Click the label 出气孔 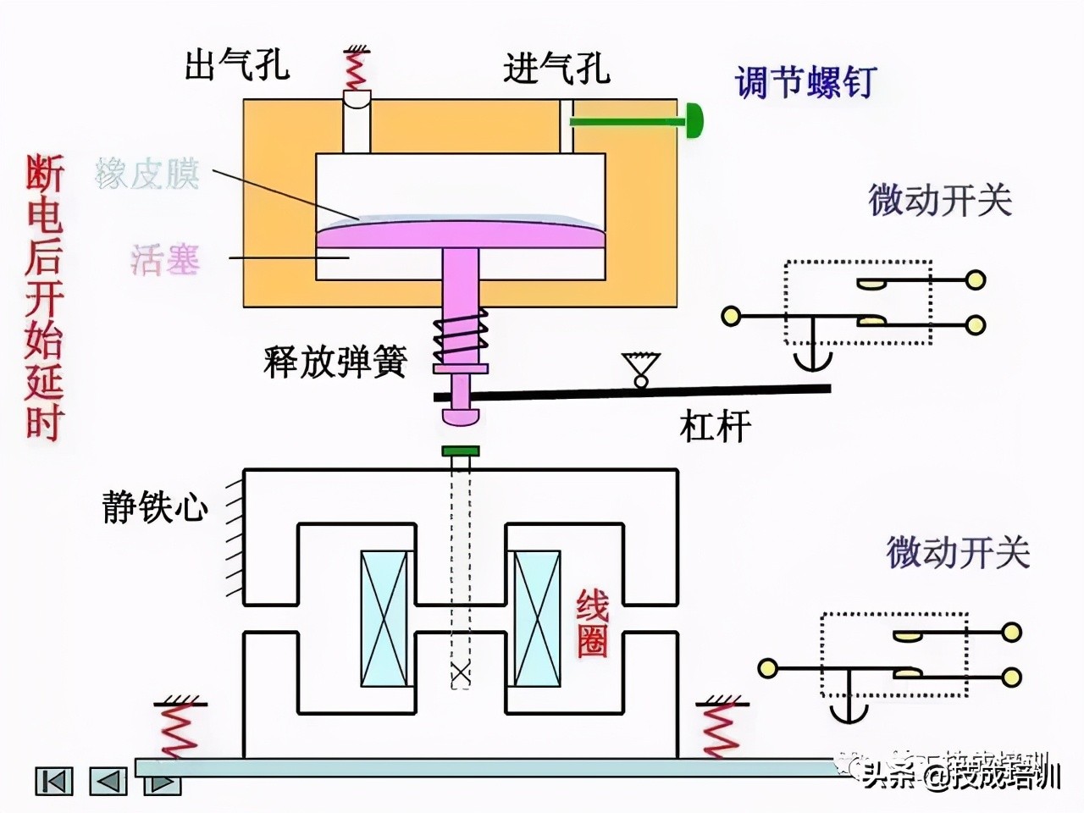click(x=237, y=65)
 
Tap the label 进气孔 click(x=556, y=68)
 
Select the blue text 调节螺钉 click(x=804, y=83)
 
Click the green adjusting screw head click(x=694, y=121)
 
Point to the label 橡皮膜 click(x=147, y=174)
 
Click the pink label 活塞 click(x=165, y=258)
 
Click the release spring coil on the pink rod click(x=461, y=336)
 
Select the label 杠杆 click(x=715, y=426)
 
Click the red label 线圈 click(x=592, y=624)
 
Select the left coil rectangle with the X click(x=384, y=619)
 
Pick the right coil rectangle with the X click(x=538, y=619)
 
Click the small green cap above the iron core click(x=461, y=451)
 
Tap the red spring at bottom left click(x=179, y=730)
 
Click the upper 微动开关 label click(x=939, y=201)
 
